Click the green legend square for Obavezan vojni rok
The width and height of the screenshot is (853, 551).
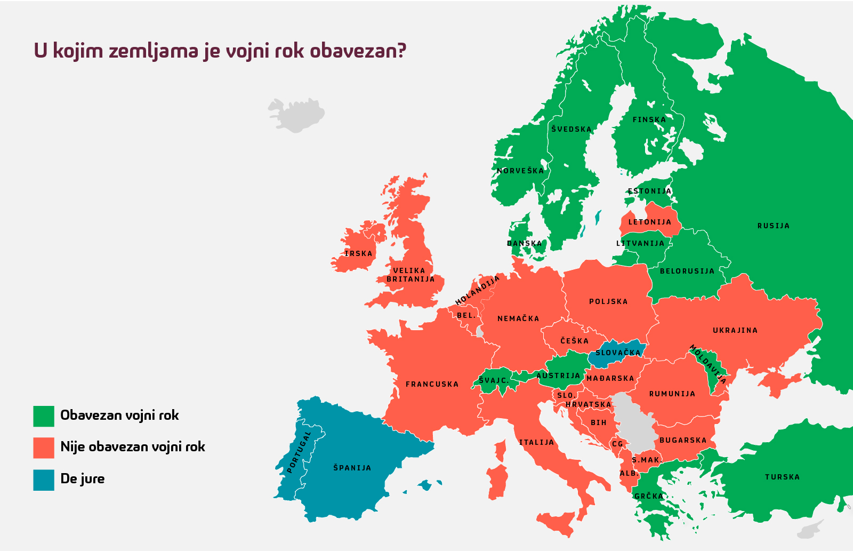(x=44, y=416)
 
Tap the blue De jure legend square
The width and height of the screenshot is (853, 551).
(x=44, y=480)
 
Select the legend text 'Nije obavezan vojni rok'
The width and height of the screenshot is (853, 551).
(x=132, y=447)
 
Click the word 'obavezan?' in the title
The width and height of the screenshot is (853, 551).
(x=358, y=51)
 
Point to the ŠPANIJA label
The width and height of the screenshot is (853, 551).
(x=352, y=468)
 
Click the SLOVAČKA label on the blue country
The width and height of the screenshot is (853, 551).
(x=618, y=353)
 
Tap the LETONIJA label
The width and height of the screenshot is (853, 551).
(x=649, y=222)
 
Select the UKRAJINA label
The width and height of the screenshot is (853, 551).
(x=735, y=330)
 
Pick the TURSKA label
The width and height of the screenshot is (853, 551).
(x=782, y=477)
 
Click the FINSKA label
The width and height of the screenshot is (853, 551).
(x=649, y=119)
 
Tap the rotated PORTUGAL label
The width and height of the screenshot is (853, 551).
(x=299, y=452)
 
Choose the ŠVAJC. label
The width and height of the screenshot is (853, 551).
(x=494, y=380)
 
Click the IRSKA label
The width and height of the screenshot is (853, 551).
(x=358, y=253)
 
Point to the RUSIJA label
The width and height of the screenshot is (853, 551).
(x=773, y=226)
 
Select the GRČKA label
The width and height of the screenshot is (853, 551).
(x=648, y=496)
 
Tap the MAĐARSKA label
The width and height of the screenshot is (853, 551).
(x=610, y=378)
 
